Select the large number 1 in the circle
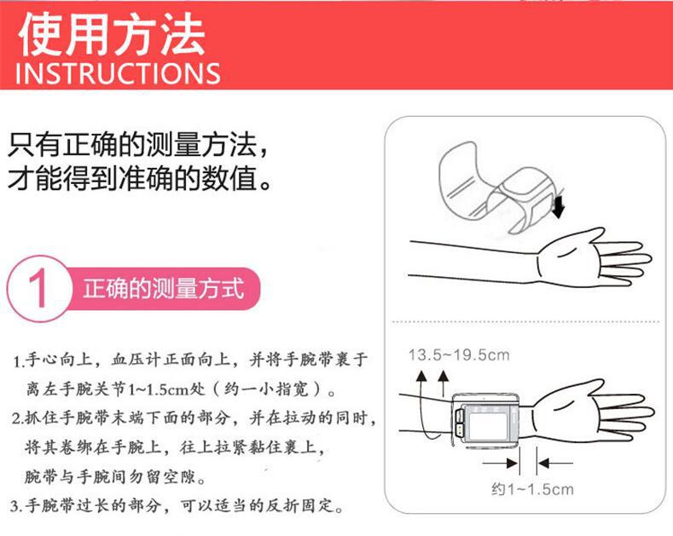[37, 289]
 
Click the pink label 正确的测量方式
[162, 289]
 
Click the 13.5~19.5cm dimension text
[457, 354]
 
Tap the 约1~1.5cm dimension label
[531, 489]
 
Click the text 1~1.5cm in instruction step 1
[149, 389]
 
